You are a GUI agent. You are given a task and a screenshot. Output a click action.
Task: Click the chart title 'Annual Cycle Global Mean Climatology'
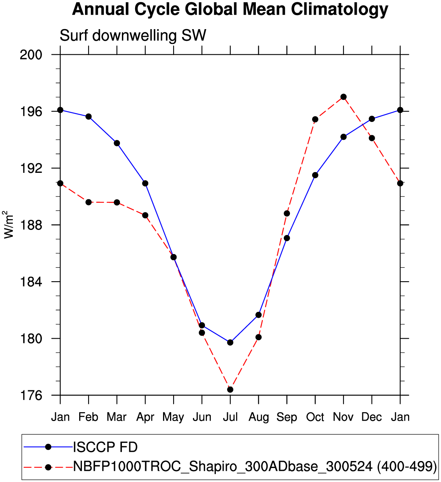(230, 9)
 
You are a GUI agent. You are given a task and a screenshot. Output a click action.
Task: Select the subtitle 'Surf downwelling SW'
(133, 36)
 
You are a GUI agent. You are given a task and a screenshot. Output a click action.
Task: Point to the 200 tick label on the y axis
(31, 55)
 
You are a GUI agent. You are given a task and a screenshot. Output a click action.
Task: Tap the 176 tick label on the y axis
(31, 395)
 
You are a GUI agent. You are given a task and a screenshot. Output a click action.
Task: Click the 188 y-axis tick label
(31, 225)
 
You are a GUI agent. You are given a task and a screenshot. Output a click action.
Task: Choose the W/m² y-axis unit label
(8, 225)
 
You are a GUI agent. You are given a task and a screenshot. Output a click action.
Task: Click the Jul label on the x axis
(230, 417)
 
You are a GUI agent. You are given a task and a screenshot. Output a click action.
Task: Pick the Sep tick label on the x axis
(287, 417)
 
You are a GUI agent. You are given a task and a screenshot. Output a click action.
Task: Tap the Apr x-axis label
(145, 417)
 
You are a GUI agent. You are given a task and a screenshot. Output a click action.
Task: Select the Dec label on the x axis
(372, 417)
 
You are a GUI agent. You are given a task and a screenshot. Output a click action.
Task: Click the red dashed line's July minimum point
(230, 390)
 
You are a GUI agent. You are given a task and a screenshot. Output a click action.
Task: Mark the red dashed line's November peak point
(344, 97)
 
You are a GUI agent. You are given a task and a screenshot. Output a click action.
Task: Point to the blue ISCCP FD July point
(230, 342)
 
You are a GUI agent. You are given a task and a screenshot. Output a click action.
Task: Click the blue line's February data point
(89, 117)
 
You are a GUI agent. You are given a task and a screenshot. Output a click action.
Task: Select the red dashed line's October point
(315, 119)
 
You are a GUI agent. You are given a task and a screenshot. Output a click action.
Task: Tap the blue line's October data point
(315, 175)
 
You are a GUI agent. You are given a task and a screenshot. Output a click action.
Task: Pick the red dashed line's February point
(89, 202)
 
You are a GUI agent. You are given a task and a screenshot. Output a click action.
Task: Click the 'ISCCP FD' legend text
(105, 447)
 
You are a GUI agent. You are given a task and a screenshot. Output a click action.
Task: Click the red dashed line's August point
(259, 337)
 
